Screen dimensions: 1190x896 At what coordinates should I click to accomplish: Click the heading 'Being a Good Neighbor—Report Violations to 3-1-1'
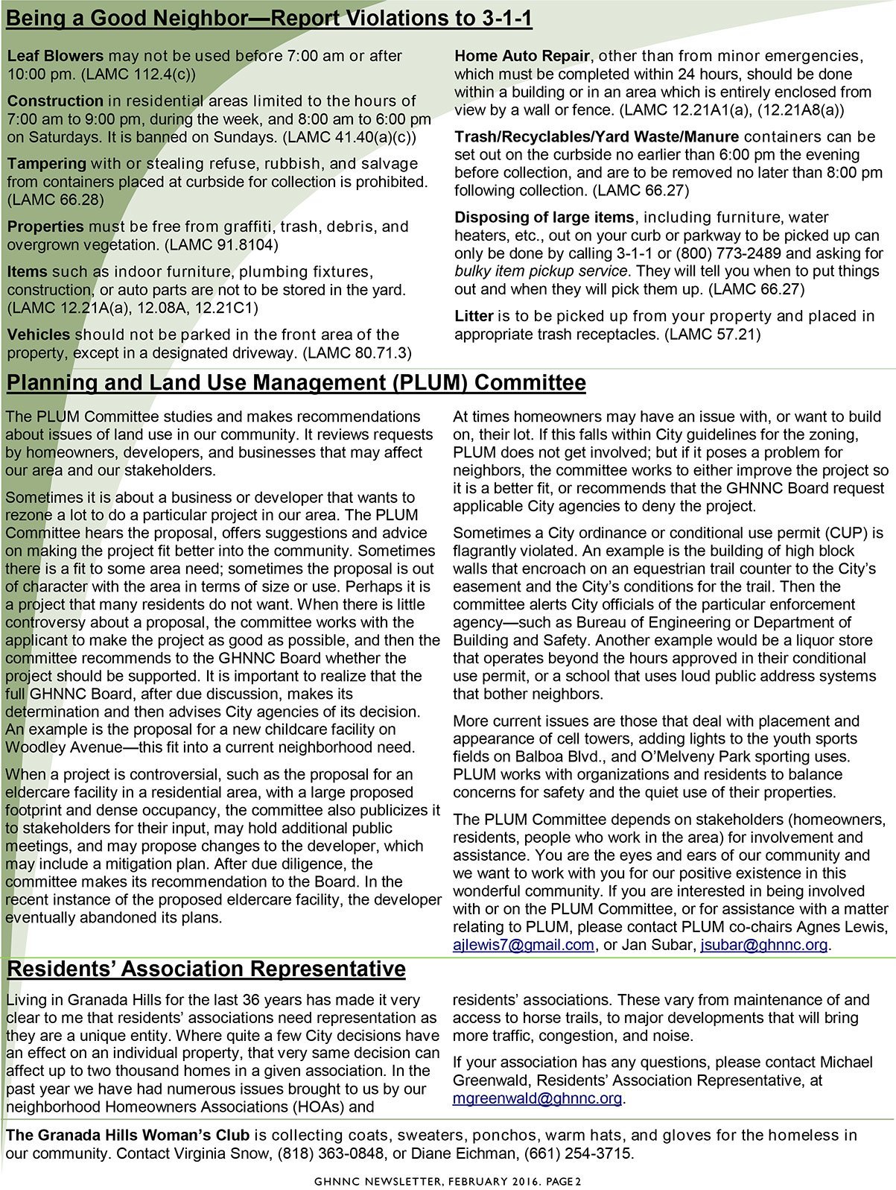[268, 18]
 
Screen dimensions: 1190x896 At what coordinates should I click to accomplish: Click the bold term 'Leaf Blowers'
[55, 56]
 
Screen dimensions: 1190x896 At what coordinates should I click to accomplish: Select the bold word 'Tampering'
[46, 164]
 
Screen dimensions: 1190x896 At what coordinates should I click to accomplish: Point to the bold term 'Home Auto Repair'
[521, 56]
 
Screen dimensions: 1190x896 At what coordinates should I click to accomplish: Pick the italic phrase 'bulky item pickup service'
[541, 271]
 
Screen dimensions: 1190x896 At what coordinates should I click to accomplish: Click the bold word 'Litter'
[474, 317]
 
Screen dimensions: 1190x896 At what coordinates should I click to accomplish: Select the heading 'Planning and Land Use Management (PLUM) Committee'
[296, 383]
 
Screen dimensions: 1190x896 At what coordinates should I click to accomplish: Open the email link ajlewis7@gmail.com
[523, 945]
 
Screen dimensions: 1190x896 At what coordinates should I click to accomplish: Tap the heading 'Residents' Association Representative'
[206, 969]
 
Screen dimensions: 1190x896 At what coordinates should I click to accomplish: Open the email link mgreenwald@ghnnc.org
[536, 1098]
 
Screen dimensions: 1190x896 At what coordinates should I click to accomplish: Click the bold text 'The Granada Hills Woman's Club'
[127, 1136]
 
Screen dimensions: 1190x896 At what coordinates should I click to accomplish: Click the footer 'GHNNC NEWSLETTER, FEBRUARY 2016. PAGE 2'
[447, 1181]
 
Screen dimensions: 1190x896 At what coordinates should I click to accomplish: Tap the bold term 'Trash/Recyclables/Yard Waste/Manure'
[597, 137]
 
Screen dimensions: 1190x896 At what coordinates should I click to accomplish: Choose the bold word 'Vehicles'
[39, 335]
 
